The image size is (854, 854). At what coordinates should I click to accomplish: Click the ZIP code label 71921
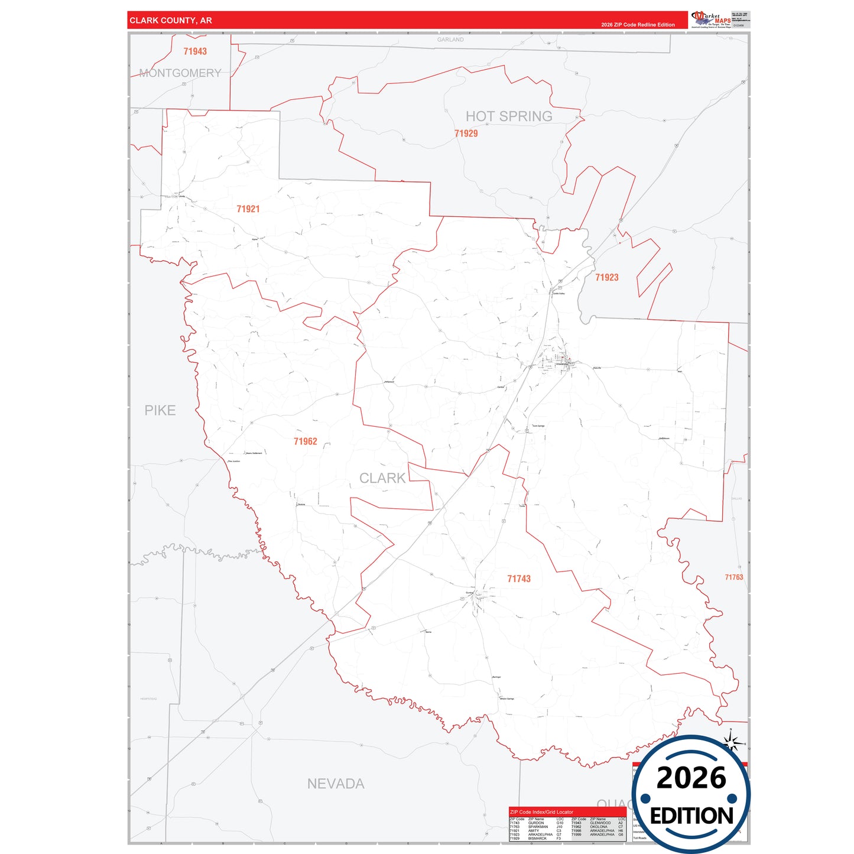pyautogui.click(x=248, y=209)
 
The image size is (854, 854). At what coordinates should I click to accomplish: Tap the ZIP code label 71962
pyautogui.click(x=306, y=441)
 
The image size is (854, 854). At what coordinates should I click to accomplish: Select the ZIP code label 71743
pyautogui.click(x=519, y=579)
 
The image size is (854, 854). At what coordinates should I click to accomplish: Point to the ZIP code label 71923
pyautogui.click(x=607, y=278)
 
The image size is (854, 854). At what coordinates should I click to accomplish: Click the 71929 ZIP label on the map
pyautogui.click(x=466, y=134)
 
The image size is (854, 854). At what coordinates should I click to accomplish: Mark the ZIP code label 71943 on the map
pyautogui.click(x=195, y=51)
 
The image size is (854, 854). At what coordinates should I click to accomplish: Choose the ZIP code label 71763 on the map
pyautogui.click(x=734, y=577)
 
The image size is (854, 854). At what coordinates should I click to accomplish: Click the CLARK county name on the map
pyautogui.click(x=382, y=478)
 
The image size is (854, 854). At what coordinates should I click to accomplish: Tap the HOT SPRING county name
pyautogui.click(x=509, y=116)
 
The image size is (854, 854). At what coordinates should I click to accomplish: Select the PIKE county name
pyautogui.click(x=160, y=410)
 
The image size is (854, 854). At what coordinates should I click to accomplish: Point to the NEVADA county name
pyautogui.click(x=336, y=784)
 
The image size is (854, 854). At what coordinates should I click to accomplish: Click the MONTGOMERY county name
pyautogui.click(x=180, y=73)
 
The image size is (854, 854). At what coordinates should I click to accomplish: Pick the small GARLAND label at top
pyautogui.click(x=450, y=40)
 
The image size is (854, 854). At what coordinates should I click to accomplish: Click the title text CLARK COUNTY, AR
pyautogui.click(x=171, y=21)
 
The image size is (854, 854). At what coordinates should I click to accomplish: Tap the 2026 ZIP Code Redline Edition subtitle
pyautogui.click(x=638, y=25)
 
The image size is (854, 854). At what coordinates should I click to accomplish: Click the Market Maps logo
pyautogui.click(x=711, y=20)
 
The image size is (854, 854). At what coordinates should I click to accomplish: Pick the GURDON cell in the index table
pyautogui.click(x=536, y=823)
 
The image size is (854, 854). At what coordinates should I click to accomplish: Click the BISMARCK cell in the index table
pyautogui.click(x=538, y=839)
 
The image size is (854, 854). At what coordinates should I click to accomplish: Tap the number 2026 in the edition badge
pyautogui.click(x=691, y=778)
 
